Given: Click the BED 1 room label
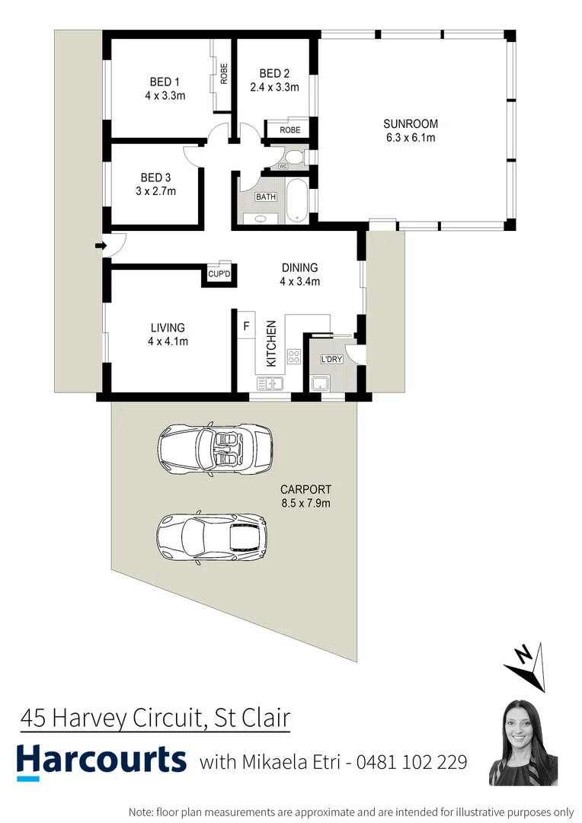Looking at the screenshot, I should click(x=165, y=82).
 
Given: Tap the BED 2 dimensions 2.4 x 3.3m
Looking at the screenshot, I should click(x=274, y=87).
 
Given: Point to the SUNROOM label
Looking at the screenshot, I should click(x=411, y=124).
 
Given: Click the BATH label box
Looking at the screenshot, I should click(x=266, y=197).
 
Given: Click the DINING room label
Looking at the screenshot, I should click(x=299, y=267).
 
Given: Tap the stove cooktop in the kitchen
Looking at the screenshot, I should click(x=294, y=356).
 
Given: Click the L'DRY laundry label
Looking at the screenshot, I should click(x=331, y=358).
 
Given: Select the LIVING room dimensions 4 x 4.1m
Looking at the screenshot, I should click(x=168, y=341).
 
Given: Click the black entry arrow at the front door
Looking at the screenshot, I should click(x=99, y=245).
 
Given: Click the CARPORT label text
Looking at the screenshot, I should click(x=305, y=490).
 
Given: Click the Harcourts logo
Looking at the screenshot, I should click(x=101, y=760).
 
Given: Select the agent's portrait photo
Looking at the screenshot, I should click(x=523, y=741).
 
